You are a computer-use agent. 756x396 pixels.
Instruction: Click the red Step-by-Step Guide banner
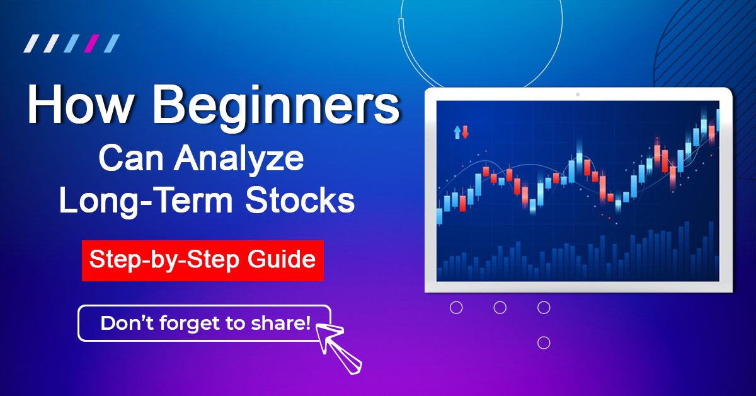(x=202, y=260)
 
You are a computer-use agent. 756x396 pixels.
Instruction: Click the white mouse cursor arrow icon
(x=339, y=346)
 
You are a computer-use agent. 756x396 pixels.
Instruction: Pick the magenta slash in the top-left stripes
(x=92, y=44)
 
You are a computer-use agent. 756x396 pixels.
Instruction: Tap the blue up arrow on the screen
(x=457, y=132)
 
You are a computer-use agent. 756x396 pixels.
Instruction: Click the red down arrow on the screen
(x=466, y=132)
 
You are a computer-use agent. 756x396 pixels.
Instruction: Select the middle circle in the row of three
(x=500, y=308)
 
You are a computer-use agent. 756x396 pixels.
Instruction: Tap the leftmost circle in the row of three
(x=457, y=308)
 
